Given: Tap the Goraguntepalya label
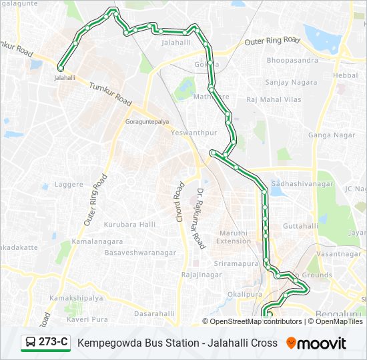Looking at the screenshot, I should [147, 122].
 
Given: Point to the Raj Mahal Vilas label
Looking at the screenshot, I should [274, 99].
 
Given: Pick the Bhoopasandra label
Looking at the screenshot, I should [292, 60].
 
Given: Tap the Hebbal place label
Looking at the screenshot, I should [345, 75].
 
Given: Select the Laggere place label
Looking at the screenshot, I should [69, 183].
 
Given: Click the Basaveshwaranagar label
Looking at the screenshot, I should [139, 253].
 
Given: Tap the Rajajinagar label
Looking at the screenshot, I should [201, 274].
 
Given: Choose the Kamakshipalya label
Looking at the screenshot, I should [76, 298].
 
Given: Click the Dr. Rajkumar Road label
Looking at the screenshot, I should [200, 219].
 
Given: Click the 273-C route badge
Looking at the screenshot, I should [45, 343].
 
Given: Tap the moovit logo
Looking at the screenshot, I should [316, 343].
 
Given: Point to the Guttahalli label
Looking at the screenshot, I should [301, 226].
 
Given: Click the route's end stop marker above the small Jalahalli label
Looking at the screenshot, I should [61, 68].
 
